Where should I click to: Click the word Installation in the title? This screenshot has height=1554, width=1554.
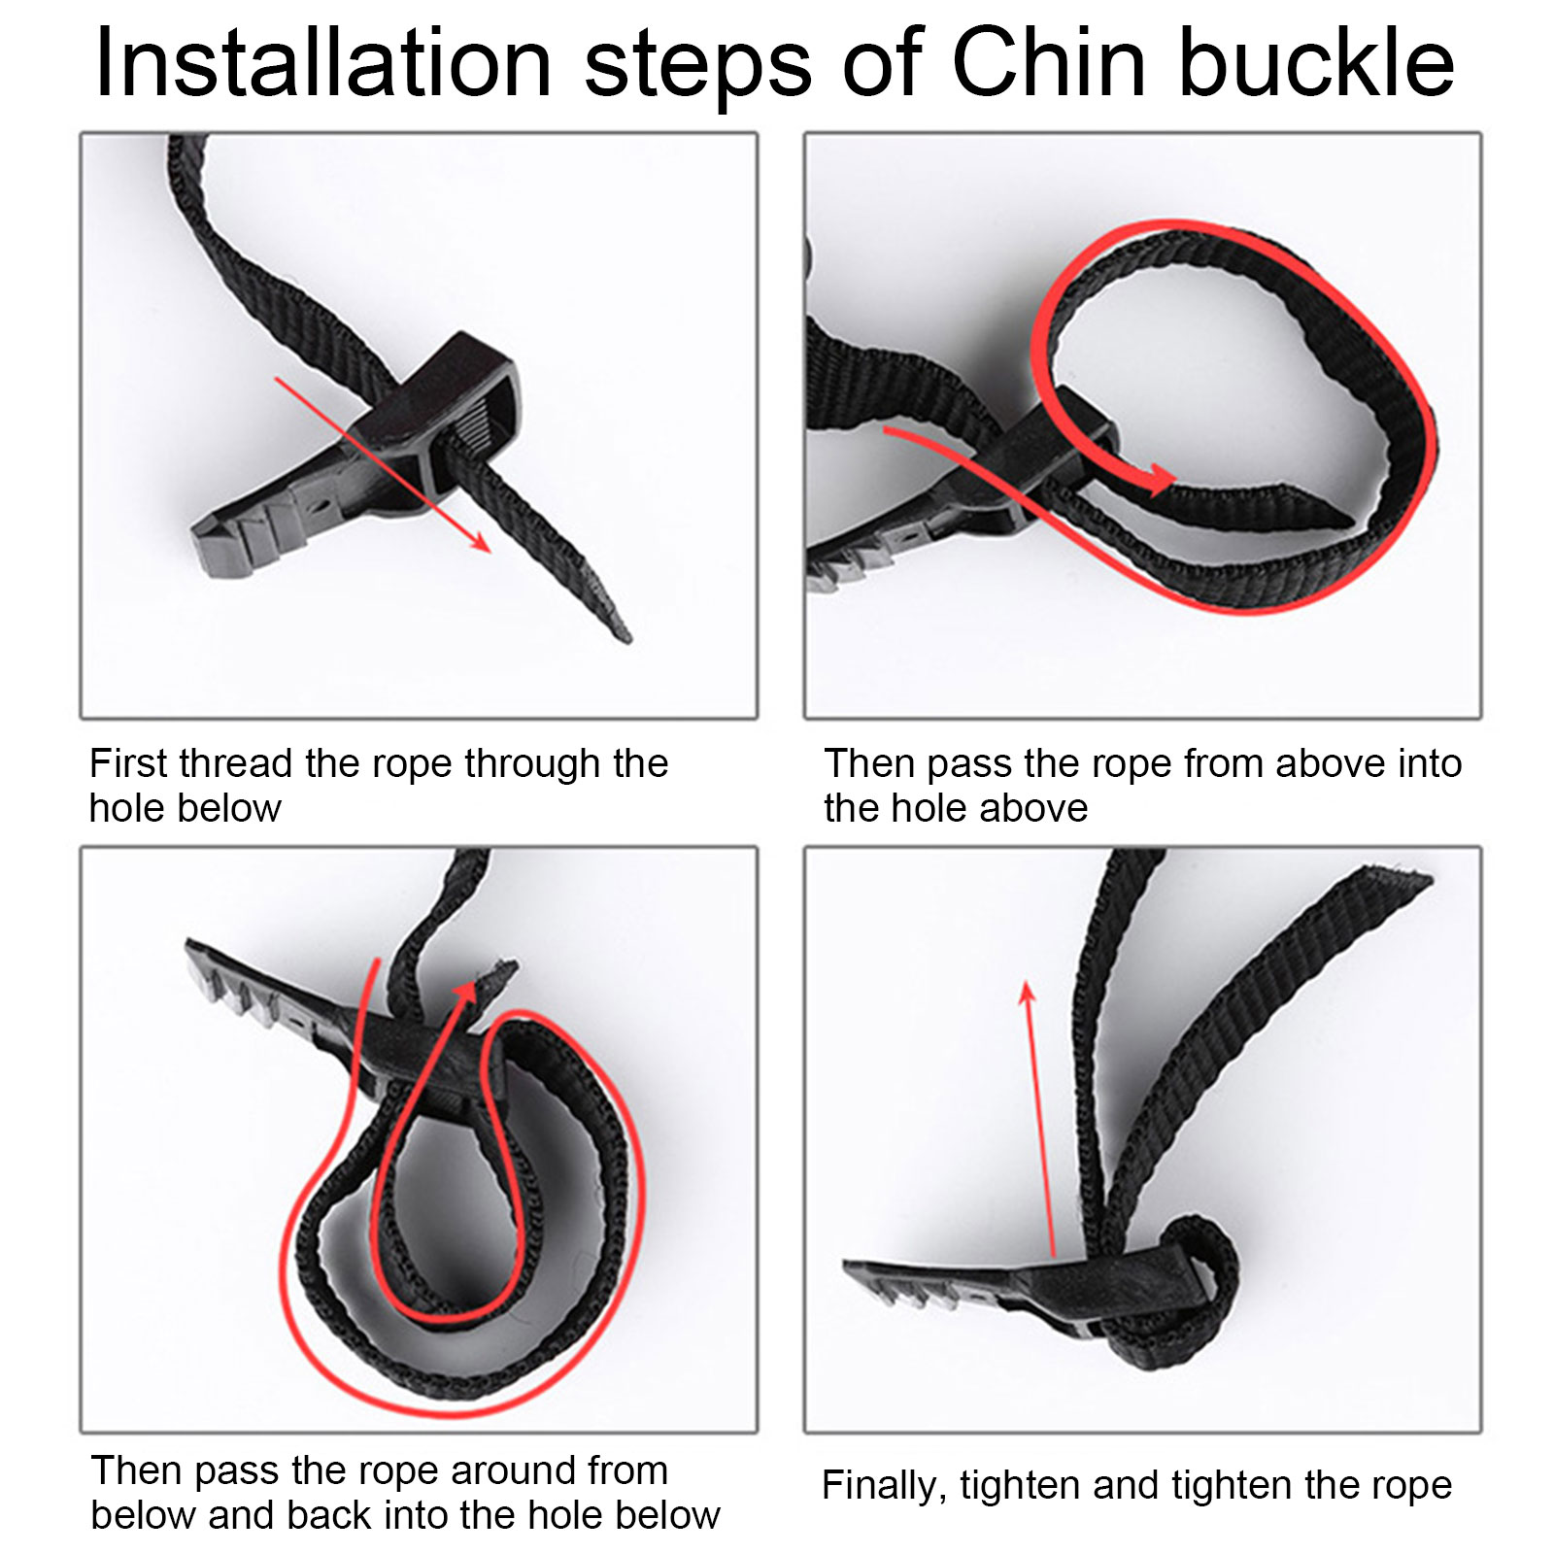[323, 63]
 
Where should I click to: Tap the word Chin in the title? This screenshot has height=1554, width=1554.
[1049, 63]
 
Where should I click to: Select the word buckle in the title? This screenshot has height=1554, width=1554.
[1317, 63]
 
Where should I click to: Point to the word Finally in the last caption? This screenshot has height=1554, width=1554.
[883, 1486]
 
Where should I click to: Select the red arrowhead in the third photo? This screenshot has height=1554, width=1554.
[466, 993]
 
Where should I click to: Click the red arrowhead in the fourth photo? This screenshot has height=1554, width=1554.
[1028, 993]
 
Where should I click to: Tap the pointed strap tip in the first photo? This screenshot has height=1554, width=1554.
[625, 637]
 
